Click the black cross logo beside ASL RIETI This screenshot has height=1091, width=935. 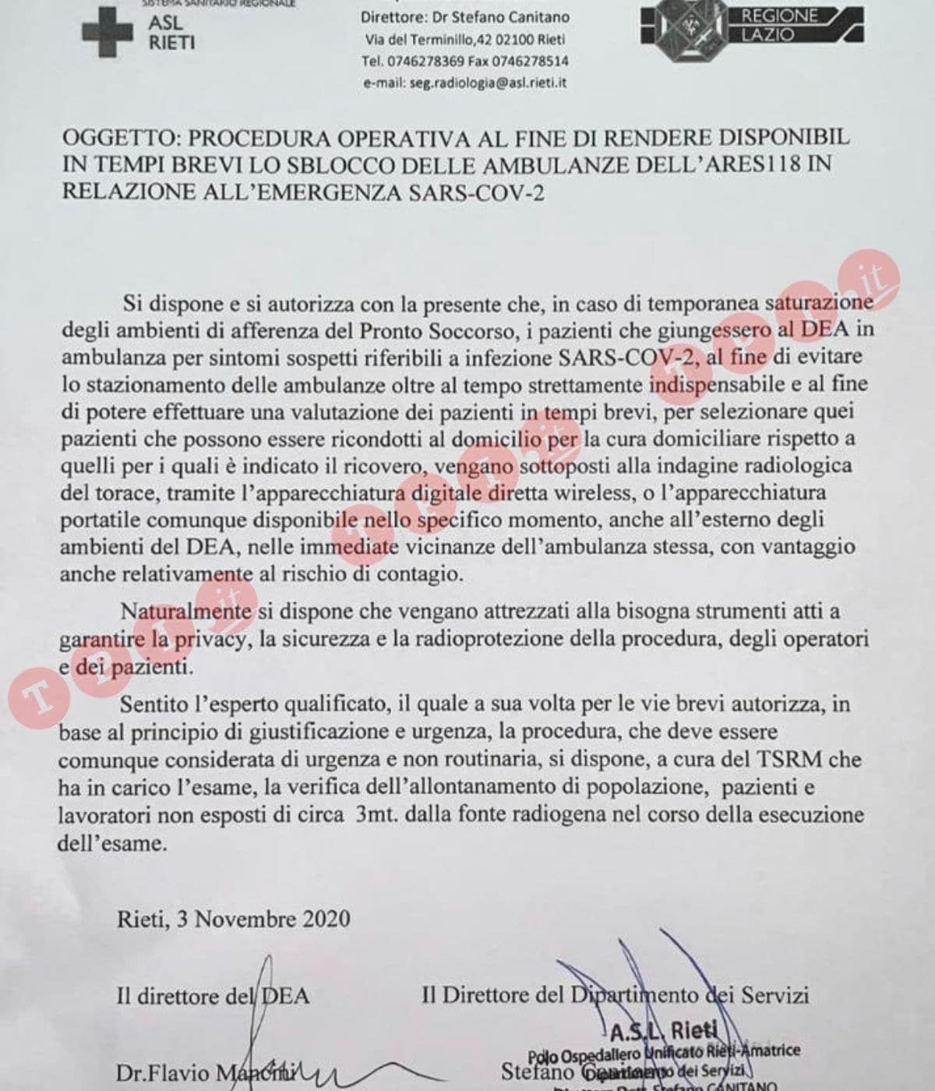click(106, 32)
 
